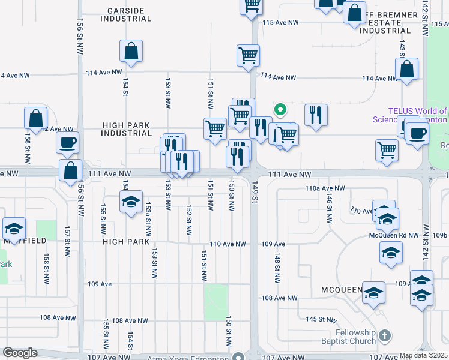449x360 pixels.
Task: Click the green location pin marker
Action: pyautogui.click(x=280, y=110)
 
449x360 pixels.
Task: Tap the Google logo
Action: pyautogui.click(x=20, y=353)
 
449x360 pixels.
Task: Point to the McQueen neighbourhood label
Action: pyautogui.click(x=342, y=289)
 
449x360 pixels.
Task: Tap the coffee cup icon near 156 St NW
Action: pyautogui.click(x=67, y=143)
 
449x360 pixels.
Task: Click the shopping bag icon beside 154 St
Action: pyautogui.click(x=131, y=52)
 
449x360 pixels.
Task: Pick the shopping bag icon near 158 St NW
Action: pyautogui.click(x=35, y=118)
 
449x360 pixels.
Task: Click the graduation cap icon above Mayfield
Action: pyautogui.click(x=14, y=228)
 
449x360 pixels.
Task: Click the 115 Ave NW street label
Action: pyautogui.click(x=280, y=23)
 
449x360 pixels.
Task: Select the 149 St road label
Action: pyautogui.click(x=255, y=187)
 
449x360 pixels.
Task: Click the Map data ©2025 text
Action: pyautogui.click(x=424, y=356)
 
